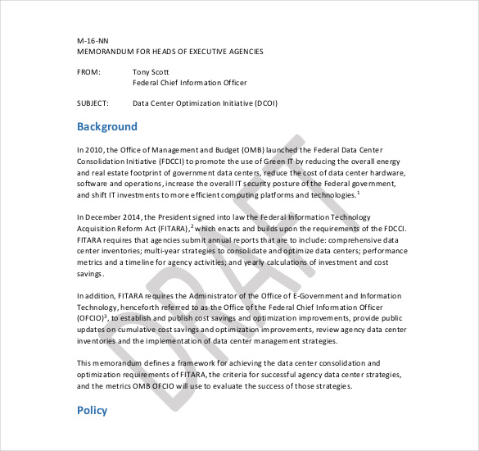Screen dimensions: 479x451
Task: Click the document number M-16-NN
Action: tap(93, 40)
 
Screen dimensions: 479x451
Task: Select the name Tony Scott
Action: tap(153, 72)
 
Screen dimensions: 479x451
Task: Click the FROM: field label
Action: tap(88, 72)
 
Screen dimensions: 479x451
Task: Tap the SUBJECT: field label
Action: tap(94, 104)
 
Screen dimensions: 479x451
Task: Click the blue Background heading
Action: tap(107, 127)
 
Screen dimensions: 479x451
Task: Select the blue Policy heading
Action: tap(92, 410)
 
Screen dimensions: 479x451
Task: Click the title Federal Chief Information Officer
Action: tap(189, 83)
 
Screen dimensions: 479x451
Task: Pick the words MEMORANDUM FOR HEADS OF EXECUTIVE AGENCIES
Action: tap(170, 51)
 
